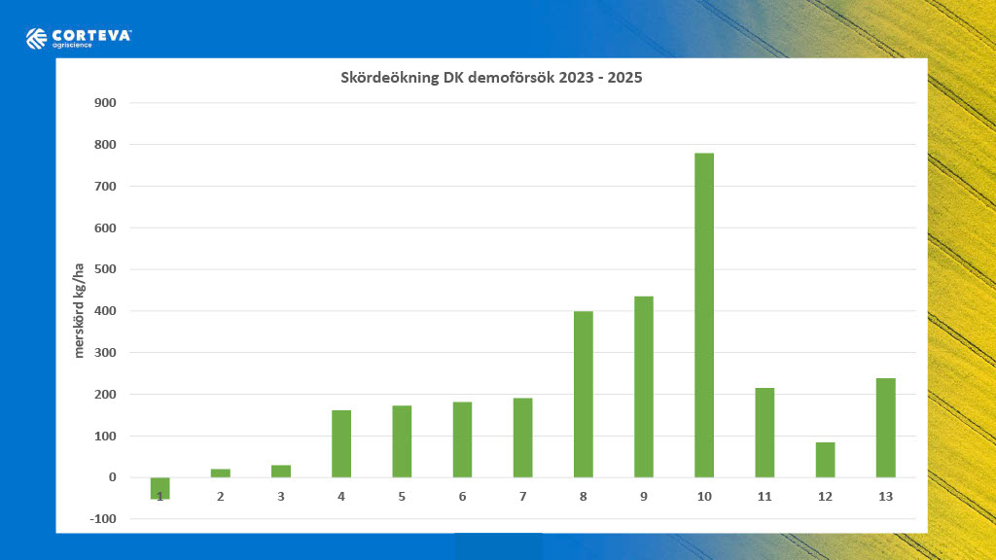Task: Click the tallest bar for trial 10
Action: [704, 315]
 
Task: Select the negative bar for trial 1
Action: [160, 488]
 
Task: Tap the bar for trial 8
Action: [583, 394]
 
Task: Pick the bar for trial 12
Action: [825, 460]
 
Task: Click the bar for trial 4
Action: [341, 443]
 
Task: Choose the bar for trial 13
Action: [885, 428]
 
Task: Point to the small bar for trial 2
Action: [221, 473]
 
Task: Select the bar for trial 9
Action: [644, 386]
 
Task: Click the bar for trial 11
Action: [765, 433]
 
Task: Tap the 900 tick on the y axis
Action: [104, 103]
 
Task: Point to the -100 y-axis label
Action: [102, 519]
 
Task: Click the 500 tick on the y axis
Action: [104, 269]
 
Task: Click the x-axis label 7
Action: [522, 497]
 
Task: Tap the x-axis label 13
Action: [885, 497]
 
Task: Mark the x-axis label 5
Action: [402, 497]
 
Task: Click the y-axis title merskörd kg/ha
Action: [81, 310]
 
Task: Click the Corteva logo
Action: [78, 39]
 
